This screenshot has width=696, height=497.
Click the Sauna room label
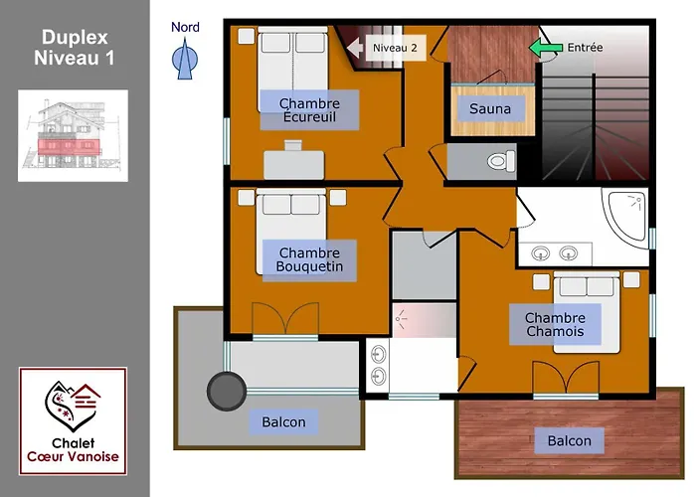click(490, 108)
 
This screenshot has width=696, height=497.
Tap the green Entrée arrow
click(545, 48)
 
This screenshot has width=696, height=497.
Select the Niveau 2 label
click(395, 48)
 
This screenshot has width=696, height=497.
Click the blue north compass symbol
click(185, 59)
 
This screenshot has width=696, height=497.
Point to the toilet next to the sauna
click(501, 161)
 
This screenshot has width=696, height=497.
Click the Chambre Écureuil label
click(309, 110)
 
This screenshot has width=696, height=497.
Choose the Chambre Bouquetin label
click(309, 259)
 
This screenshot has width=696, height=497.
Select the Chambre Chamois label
click(555, 324)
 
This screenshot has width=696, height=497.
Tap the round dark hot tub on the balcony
click(227, 391)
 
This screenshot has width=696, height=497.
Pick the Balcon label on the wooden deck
click(569, 440)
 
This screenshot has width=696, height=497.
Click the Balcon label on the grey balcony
click(283, 421)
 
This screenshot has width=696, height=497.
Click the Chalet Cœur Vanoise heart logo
click(73, 406)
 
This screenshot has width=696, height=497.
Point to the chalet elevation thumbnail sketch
click(73, 136)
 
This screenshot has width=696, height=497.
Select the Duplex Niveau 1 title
click(75, 48)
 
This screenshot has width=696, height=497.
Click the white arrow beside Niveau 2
click(354, 48)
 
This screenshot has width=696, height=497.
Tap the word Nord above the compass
click(185, 27)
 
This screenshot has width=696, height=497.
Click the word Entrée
click(585, 48)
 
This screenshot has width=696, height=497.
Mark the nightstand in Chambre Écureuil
click(247, 36)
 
